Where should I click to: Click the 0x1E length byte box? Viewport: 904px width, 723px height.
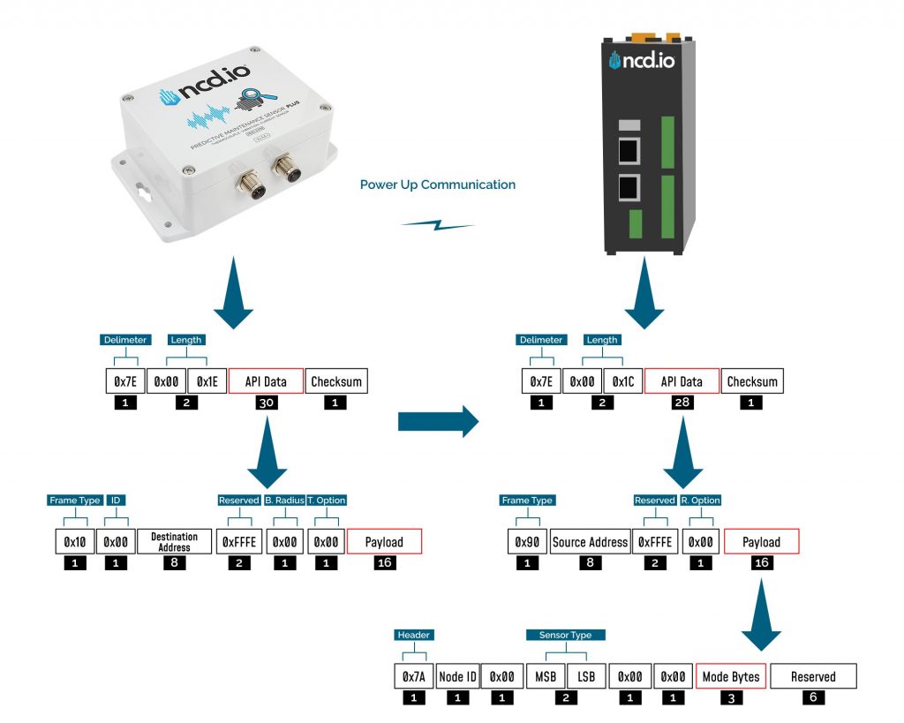pyautogui.click(x=206, y=381)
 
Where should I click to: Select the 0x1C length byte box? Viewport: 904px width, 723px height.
pyautogui.click(x=623, y=381)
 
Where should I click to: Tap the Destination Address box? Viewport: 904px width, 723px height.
pyautogui.click(x=174, y=541)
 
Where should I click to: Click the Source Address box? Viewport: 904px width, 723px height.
pyautogui.click(x=589, y=541)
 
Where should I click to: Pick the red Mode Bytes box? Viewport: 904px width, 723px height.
pyautogui.click(x=730, y=677)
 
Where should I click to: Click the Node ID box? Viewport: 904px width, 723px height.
pyautogui.click(x=458, y=677)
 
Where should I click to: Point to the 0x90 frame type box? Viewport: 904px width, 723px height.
pyautogui.click(x=528, y=541)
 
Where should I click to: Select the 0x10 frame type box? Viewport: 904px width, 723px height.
pyautogui.click(x=75, y=541)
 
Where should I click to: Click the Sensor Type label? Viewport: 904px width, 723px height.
pyautogui.click(x=565, y=634)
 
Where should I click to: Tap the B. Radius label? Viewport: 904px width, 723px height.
pyautogui.click(x=283, y=500)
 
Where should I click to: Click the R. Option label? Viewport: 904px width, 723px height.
pyautogui.click(x=700, y=500)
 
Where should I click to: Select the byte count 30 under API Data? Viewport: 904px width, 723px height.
pyautogui.click(x=266, y=403)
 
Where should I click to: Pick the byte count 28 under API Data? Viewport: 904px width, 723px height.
pyautogui.click(x=682, y=403)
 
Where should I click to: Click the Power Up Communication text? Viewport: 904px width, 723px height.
pyautogui.click(x=437, y=185)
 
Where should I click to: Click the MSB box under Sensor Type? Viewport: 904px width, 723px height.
pyautogui.click(x=544, y=677)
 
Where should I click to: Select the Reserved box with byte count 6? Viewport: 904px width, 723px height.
pyautogui.click(x=813, y=677)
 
